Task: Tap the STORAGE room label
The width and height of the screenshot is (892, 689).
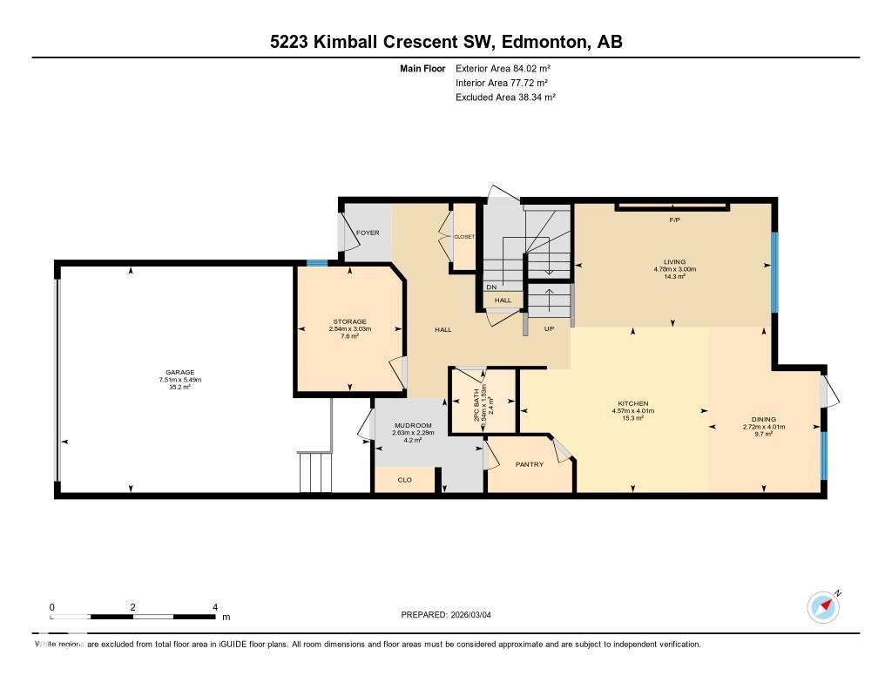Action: (x=349, y=321)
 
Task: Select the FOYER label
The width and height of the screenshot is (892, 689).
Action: (x=368, y=232)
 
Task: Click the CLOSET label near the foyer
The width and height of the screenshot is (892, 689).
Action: (x=463, y=236)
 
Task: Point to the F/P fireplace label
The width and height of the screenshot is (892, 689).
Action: (x=673, y=220)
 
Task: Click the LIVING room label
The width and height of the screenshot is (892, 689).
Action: (x=673, y=261)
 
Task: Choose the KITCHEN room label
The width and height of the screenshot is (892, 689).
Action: (x=632, y=403)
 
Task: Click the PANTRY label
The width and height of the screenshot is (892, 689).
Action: (x=529, y=464)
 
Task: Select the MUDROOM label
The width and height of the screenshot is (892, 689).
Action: (x=406, y=425)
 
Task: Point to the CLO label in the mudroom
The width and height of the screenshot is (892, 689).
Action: (x=404, y=479)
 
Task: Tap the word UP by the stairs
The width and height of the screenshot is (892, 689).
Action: (x=549, y=329)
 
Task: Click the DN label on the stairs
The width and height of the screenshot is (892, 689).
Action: (x=491, y=287)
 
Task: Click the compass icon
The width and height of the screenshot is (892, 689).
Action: (x=823, y=607)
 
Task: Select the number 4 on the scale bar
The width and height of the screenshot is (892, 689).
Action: (x=214, y=607)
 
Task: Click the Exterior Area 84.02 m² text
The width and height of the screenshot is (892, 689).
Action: (x=503, y=68)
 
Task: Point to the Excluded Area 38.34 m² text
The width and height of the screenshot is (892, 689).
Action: (x=505, y=98)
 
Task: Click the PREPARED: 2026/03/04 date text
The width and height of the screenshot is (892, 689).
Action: (x=451, y=615)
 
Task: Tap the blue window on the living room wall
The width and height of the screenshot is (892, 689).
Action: (x=774, y=272)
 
